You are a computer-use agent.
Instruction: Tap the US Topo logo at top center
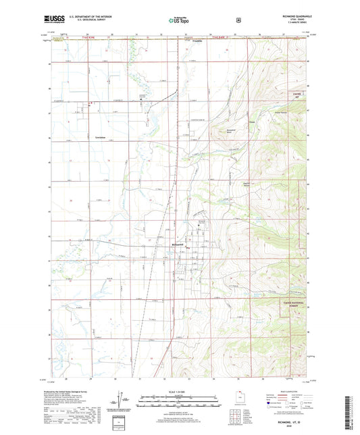179,20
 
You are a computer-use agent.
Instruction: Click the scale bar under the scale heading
179,401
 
